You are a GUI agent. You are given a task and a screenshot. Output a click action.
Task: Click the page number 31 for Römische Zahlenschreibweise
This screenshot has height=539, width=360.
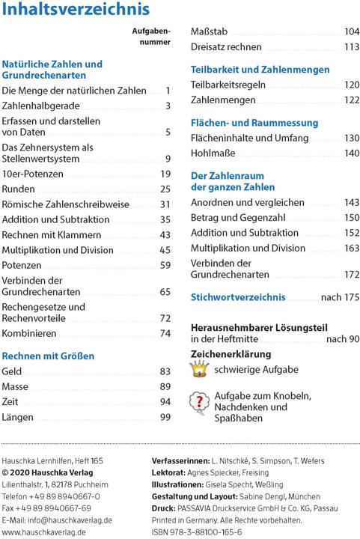click(165, 204)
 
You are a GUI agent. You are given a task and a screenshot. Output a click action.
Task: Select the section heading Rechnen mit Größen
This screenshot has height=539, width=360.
click(48, 356)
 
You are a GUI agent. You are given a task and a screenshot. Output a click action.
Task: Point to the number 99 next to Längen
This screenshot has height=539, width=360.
click(165, 417)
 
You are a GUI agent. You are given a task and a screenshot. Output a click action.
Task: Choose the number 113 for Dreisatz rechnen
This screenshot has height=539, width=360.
click(352, 47)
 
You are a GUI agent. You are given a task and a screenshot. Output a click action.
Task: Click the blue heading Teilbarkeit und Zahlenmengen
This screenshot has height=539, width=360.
click(260, 70)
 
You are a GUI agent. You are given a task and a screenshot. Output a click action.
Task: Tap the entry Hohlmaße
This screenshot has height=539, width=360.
click(213, 153)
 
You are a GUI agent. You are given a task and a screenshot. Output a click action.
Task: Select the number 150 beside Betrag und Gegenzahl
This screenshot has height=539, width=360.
click(352, 217)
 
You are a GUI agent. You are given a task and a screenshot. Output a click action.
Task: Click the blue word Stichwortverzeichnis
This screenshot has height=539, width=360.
click(238, 297)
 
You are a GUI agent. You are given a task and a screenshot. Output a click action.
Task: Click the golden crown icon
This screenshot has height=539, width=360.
click(199, 368)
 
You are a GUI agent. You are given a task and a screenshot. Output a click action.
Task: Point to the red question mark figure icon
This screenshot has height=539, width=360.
click(200, 403)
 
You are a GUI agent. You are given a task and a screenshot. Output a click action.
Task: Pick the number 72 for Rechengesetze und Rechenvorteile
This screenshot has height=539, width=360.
click(165, 318)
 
